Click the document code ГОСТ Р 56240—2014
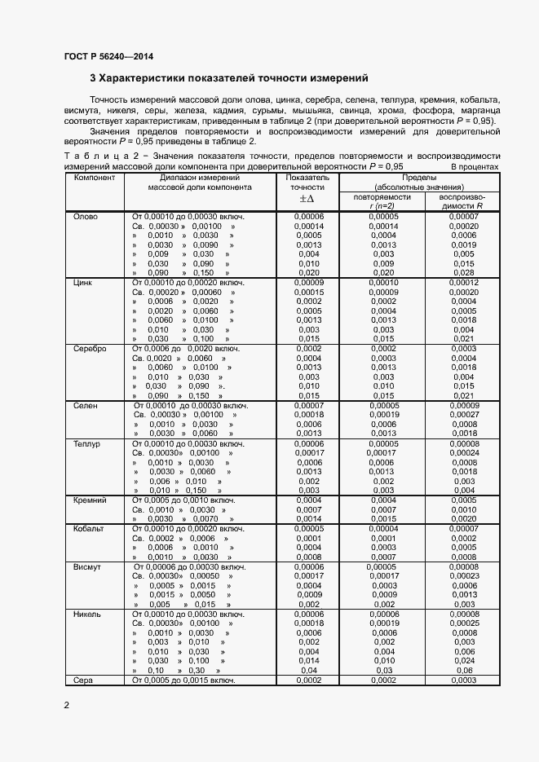pos(108,57)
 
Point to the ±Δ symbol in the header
pos(307,198)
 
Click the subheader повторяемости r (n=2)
pos(382,201)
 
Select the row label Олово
pos(86,216)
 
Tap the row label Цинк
pos(84,282)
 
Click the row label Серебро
pos(90,348)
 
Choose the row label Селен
pos(86,405)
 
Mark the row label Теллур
pos(86,443)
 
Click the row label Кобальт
pos(90,529)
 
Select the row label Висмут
pos(87,566)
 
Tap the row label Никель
pos(87,614)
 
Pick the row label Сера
pos(83,680)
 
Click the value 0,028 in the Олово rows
pos(463,273)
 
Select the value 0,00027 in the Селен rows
pos(463,415)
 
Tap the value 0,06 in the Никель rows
pos(463,670)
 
